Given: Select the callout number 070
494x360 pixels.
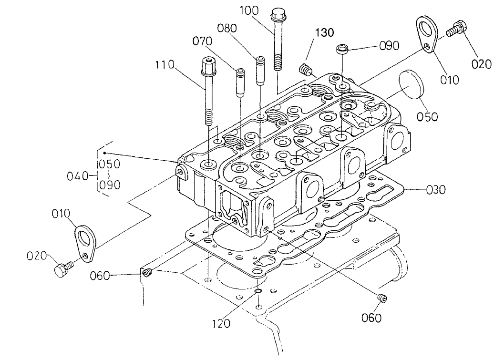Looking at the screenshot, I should point(202,41).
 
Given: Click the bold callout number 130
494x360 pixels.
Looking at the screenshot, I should point(324,32).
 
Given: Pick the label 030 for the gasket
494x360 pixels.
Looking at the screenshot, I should point(435,190).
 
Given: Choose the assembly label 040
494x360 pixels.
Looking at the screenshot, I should point(77,176).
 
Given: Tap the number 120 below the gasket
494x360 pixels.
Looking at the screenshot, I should point(221,324).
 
